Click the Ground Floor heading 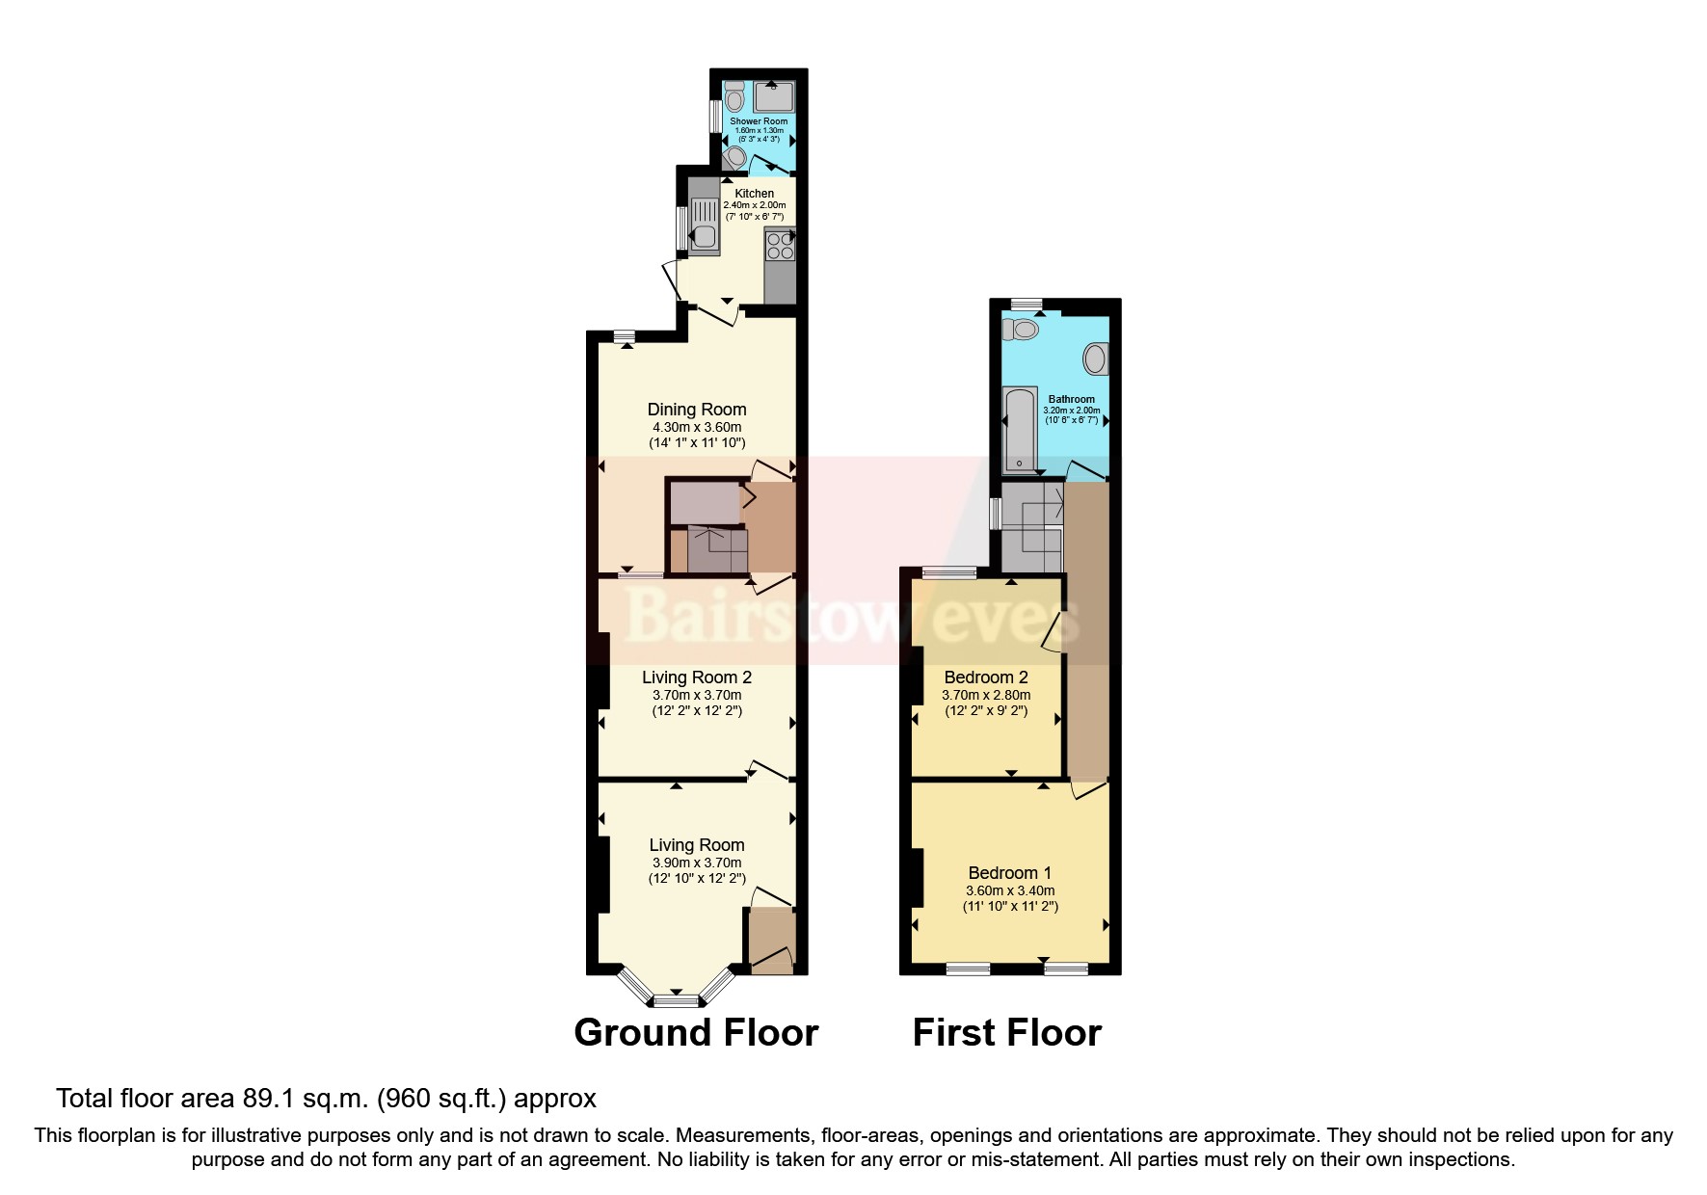[696, 1033]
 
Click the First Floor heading [1006, 1033]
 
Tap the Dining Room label [697, 410]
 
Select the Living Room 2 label [697, 677]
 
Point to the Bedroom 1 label [1010, 873]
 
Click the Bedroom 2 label [986, 677]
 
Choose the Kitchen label [754, 194]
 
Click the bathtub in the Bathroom [1019, 429]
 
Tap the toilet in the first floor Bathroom [1021, 331]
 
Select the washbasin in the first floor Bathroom [1096, 358]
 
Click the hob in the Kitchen [780, 246]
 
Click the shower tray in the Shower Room [774, 97]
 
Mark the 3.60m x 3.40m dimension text [1010, 891]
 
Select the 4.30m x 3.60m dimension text [697, 427]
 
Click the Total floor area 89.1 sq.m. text [326, 1099]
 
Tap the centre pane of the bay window [676, 1000]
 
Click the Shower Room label [759, 121]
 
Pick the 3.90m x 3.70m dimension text [697, 863]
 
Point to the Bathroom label [1071, 399]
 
